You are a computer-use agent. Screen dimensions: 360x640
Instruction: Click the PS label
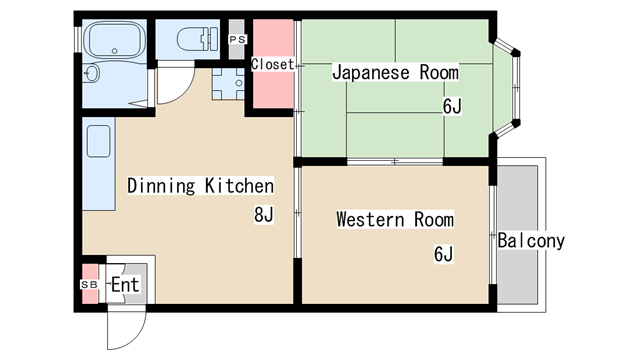pyautogui.click(x=237, y=39)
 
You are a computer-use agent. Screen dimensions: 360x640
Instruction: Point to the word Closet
pyautogui.click(x=273, y=64)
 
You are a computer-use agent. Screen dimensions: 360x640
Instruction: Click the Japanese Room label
pyautogui.click(x=395, y=73)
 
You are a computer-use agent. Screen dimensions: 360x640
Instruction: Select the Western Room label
pyautogui.click(x=395, y=219)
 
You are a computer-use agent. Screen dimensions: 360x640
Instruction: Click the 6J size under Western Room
pyautogui.click(x=444, y=254)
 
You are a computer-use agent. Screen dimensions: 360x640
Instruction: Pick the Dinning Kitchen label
pyautogui.click(x=200, y=185)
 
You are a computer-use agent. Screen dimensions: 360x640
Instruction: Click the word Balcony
pyautogui.click(x=531, y=241)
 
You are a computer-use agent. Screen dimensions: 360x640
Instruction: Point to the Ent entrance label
pyautogui.click(x=124, y=285)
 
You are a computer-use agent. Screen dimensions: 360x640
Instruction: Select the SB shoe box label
pyautogui.click(x=89, y=284)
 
